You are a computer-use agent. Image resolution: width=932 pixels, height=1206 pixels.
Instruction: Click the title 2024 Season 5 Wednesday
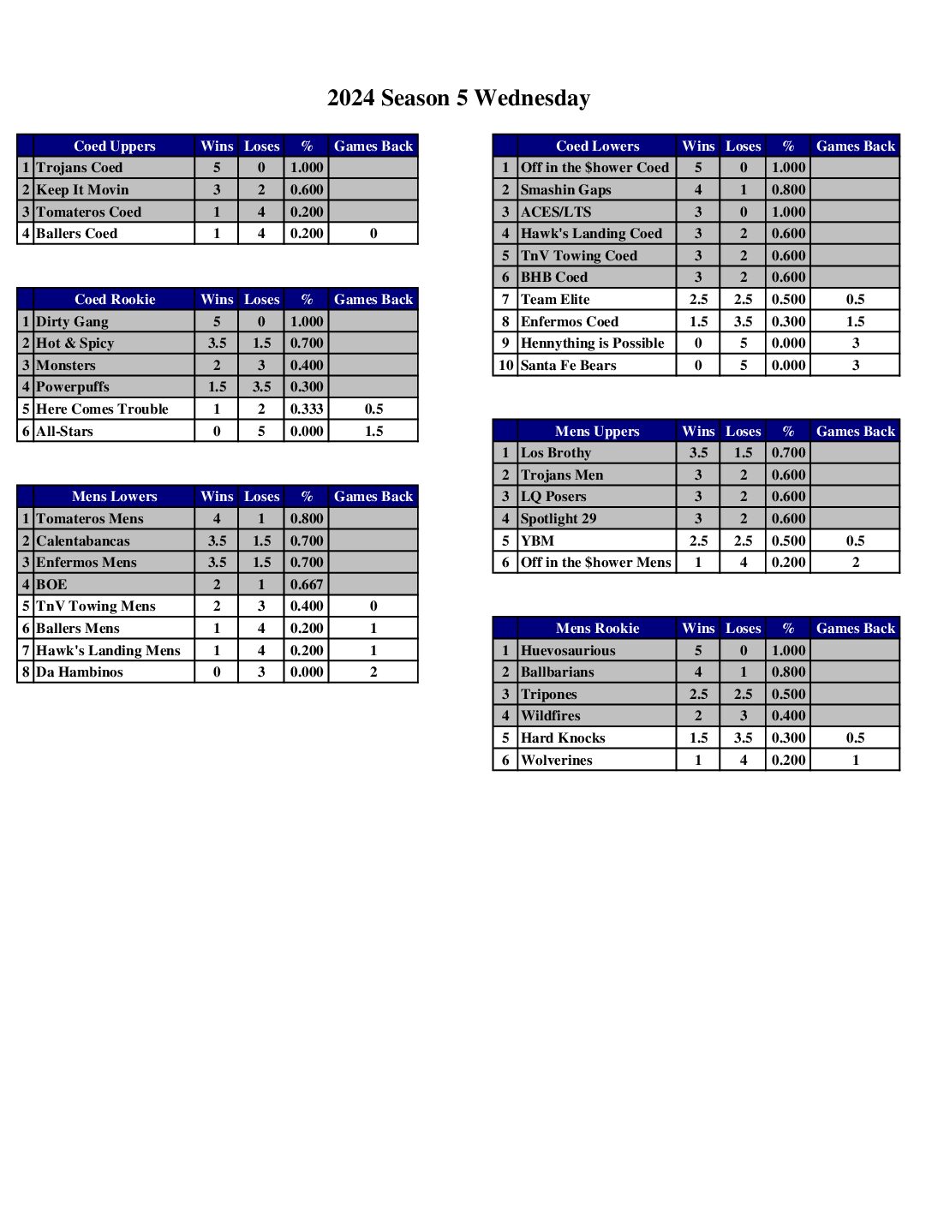(458, 99)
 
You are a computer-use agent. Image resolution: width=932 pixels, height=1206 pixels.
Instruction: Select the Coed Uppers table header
(114, 146)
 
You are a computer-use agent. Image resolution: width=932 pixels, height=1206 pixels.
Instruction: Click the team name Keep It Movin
(82, 190)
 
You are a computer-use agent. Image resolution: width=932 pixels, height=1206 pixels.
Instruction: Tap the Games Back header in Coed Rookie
(373, 300)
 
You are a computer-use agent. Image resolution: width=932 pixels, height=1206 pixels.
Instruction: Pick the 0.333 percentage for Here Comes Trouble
(307, 409)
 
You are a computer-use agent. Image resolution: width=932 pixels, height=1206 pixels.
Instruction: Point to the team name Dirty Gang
(72, 322)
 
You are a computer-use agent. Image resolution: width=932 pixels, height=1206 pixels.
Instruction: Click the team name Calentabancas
(83, 541)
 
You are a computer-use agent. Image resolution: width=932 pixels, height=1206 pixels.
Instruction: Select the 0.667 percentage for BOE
(307, 585)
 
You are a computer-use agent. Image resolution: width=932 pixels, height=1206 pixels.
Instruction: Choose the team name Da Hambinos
(80, 672)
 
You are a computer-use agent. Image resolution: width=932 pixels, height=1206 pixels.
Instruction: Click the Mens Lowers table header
(114, 497)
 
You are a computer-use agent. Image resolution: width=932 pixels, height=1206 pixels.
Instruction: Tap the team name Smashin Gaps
(565, 190)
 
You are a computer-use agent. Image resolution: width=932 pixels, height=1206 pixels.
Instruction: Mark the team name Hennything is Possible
(592, 343)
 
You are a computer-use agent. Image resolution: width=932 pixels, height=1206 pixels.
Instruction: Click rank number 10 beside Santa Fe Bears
(505, 366)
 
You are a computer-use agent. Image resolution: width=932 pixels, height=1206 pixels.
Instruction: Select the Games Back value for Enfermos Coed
(855, 322)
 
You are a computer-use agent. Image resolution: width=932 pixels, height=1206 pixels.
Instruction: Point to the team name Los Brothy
(555, 453)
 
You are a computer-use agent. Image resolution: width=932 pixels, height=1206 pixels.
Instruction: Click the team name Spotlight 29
(559, 519)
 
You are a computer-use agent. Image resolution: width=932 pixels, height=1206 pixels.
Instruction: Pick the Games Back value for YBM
(855, 541)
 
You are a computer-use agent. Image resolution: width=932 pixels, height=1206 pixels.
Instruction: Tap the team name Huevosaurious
(568, 651)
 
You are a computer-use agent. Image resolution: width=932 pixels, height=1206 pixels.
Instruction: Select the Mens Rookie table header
(597, 629)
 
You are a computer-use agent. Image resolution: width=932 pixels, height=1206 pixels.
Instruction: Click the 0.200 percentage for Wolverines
(788, 761)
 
